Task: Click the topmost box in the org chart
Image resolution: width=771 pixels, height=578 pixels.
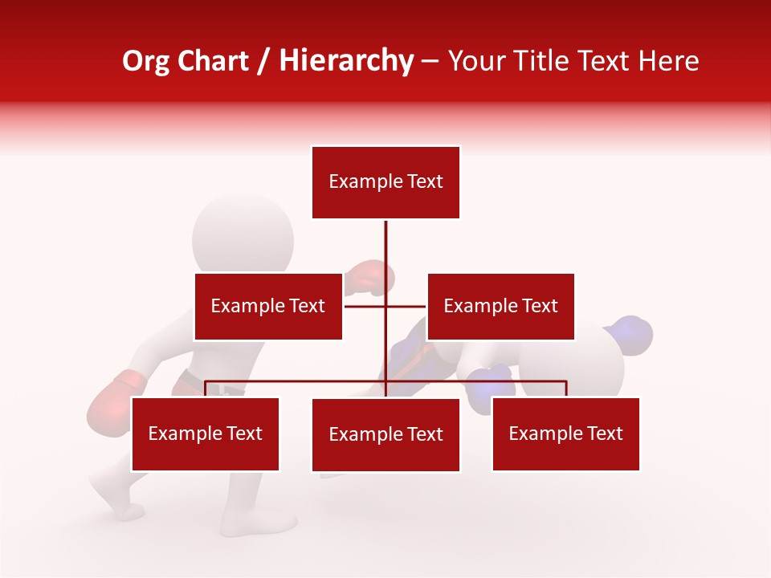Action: point(385,182)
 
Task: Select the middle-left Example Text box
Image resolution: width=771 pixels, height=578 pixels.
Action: point(268,306)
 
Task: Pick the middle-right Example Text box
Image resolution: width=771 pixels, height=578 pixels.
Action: point(500,306)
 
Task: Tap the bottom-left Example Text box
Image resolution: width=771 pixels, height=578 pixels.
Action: point(206,434)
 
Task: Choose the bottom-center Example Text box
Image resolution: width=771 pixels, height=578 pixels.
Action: point(385,435)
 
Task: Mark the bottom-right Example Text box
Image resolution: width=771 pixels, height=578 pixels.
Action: point(565,434)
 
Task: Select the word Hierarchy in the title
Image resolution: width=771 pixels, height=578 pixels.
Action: point(346,61)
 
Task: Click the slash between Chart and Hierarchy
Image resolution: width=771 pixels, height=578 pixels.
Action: point(264,61)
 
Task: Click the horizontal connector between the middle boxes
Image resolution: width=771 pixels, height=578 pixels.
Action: point(385,306)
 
